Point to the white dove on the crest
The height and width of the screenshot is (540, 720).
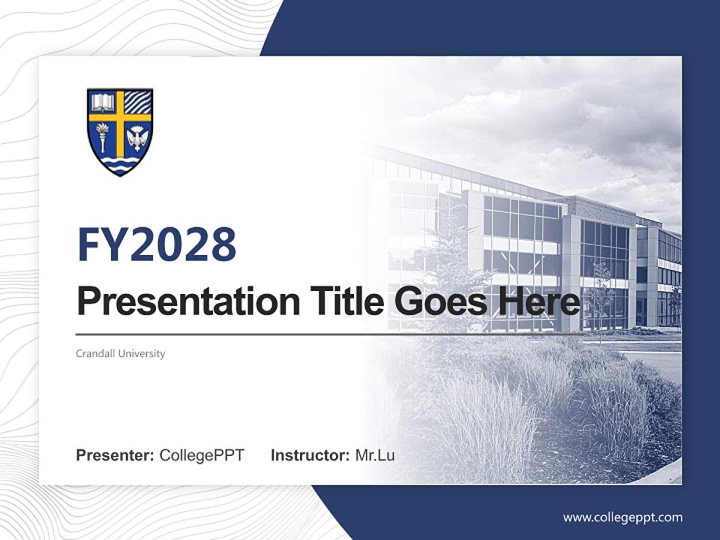[136, 138]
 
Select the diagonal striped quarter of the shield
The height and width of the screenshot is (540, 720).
[137, 101]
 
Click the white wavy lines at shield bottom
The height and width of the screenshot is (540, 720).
[120, 163]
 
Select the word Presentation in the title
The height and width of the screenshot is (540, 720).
[177, 301]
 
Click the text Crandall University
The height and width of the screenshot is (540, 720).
[120, 353]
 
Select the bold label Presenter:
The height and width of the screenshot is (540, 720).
[115, 455]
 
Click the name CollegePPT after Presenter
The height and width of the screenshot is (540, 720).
[202, 455]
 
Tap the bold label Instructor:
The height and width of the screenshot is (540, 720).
[310, 455]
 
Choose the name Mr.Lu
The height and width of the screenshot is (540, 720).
[375, 455]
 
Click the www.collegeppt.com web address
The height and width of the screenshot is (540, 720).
[622, 517]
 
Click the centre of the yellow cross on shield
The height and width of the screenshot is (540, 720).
[120, 117]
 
